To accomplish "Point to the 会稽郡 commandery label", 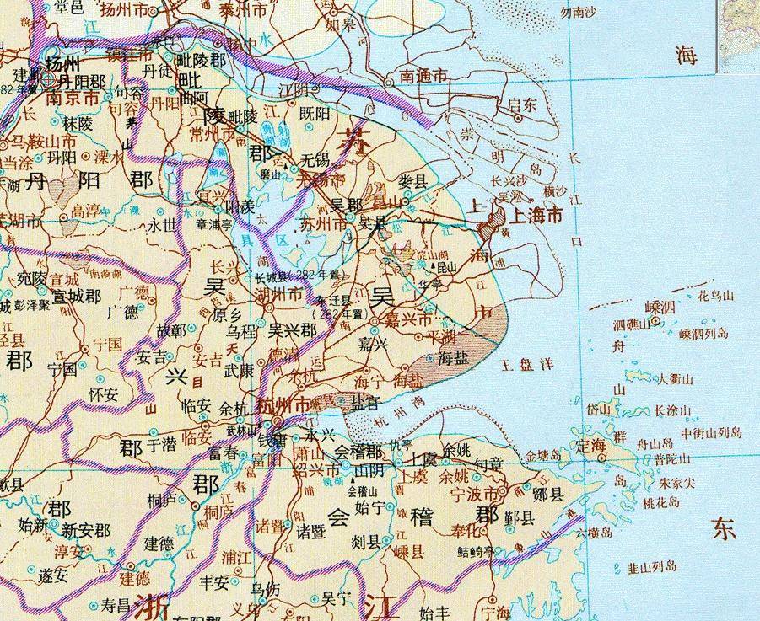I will coord(358,450).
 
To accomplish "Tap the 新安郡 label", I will coord(85,530).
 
